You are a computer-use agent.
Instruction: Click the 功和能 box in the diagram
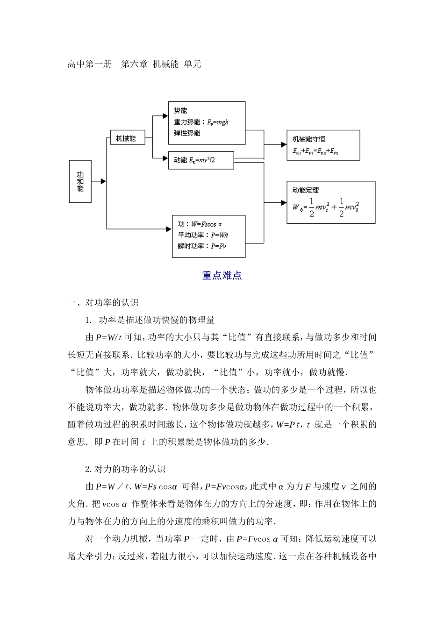[80, 181]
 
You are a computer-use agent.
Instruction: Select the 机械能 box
[126, 138]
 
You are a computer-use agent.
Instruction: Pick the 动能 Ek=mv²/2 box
[201, 160]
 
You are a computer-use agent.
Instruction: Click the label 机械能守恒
[309, 139]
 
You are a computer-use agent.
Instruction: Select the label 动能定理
[306, 190]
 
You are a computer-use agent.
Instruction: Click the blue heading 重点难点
[222, 276]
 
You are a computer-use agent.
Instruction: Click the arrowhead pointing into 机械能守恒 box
[283, 145]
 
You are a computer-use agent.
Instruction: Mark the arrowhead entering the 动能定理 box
[283, 203]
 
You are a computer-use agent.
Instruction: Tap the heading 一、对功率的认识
[103, 303]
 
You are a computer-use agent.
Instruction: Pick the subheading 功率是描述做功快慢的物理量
[157, 320]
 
